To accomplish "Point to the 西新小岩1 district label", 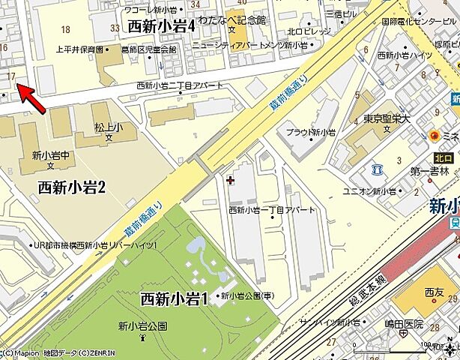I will coord(172,298).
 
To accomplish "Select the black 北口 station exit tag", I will coord(443,158).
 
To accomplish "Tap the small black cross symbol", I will coord(230,179).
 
